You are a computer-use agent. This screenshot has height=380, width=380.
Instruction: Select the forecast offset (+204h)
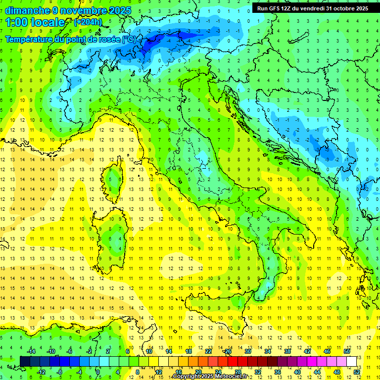tap(89, 22)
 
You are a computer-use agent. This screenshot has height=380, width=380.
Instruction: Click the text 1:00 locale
tap(35, 22)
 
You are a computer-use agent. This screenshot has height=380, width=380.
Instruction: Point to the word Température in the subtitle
tap(32, 39)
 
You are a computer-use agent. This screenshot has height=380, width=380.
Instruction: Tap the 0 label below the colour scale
tap(98, 372)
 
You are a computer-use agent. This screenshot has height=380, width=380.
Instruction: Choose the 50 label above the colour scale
tap(346, 351)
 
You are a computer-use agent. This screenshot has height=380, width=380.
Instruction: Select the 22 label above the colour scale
tap(208, 351)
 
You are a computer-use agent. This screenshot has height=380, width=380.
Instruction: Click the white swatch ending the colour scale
tap(352, 361)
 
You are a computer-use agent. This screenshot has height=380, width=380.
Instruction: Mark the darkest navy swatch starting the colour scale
tap(25, 361)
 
